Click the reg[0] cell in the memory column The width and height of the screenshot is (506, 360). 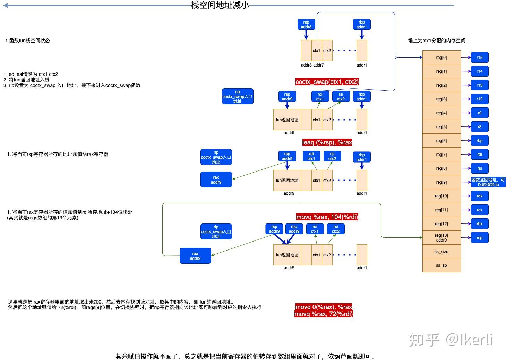pyautogui.click(x=441, y=58)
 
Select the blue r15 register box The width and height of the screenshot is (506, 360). pyautogui.click(x=479, y=58)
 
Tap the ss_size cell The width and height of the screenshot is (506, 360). pyautogui.click(x=441, y=252)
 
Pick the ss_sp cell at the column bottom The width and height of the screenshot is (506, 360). pyautogui.click(x=441, y=265)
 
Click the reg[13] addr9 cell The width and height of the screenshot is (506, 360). pyautogui.click(x=441, y=238)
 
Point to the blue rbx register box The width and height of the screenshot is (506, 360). pyautogui.click(x=479, y=224)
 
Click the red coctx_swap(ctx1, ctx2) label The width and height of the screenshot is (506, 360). pyautogui.click(x=327, y=82)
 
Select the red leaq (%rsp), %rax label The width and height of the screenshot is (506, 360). pyautogui.click(x=327, y=142)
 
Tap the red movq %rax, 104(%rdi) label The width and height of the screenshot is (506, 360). pyautogui.click(x=327, y=217)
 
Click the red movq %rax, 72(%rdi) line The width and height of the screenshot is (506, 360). pyautogui.click(x=324, y=314)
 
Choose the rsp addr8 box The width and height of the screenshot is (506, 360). pyautogui.click(x=306, y=25)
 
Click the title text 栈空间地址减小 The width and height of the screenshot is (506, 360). pyautogui.click(x=220, y=5)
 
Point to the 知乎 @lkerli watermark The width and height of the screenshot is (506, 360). pyautogui.click(x=451, y=340)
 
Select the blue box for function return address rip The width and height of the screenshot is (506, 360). pyautogui.click(x=488, y=182)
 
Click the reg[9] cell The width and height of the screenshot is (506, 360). pyautogui.click(x=441, y=182)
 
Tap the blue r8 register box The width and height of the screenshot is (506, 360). pyautogui.click(x=479, y=127)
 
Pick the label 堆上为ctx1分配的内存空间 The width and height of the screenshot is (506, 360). pyautogui.click(x=437, y=41)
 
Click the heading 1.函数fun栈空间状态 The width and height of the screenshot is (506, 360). pyautogui.click(x=27, y=41)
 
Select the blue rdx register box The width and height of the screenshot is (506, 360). pyautogui.click(x=479, y=196)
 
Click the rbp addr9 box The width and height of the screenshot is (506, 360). pyautogui.click(x=294, y=229)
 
